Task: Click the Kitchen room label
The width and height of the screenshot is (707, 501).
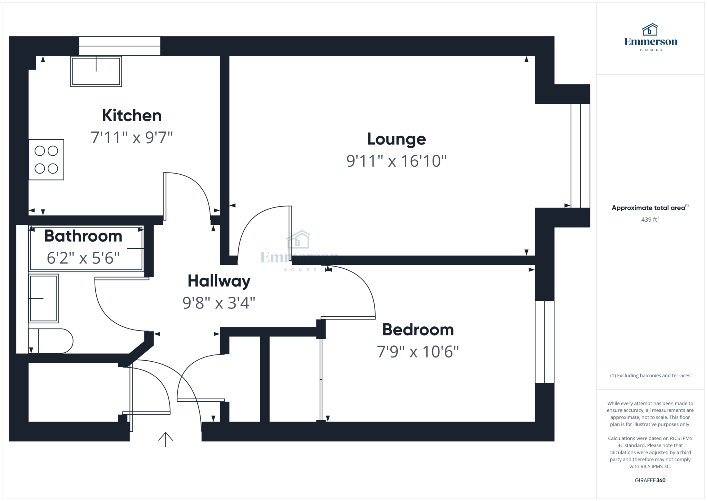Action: click(x=132, y=115)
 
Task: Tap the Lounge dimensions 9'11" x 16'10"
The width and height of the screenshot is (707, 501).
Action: click(x=396, y=161)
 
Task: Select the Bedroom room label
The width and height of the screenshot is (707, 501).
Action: click(x=418, y=330)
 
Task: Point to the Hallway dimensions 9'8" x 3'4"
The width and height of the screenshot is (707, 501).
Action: click(x=219, y=303)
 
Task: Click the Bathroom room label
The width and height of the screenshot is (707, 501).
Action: click(x=83, y=236)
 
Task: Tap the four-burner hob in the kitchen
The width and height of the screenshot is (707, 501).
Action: click(x=46, y=160)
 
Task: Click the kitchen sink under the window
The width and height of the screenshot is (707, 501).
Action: click(x=96, y=72)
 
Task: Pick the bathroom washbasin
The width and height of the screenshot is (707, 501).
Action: click(x=43, y=298)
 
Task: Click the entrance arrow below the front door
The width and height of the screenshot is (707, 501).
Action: click(x=165, y=439)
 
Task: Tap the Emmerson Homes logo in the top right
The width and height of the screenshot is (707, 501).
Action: click(x=650, y=37)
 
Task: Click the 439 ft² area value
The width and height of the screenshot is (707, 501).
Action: click(x=650, y=220)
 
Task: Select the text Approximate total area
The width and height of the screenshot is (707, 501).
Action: click(x=648, y=208)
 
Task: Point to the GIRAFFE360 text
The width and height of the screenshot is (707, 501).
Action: click(x=650, y=480)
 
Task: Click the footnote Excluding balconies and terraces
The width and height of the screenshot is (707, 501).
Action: click(x=650, y=375)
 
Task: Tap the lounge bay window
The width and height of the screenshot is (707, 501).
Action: click(x=580, y=156)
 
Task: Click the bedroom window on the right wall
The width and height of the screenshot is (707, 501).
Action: click(x=544, y=342)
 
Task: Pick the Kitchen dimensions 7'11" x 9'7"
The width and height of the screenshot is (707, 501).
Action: click(x=132, y=138)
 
